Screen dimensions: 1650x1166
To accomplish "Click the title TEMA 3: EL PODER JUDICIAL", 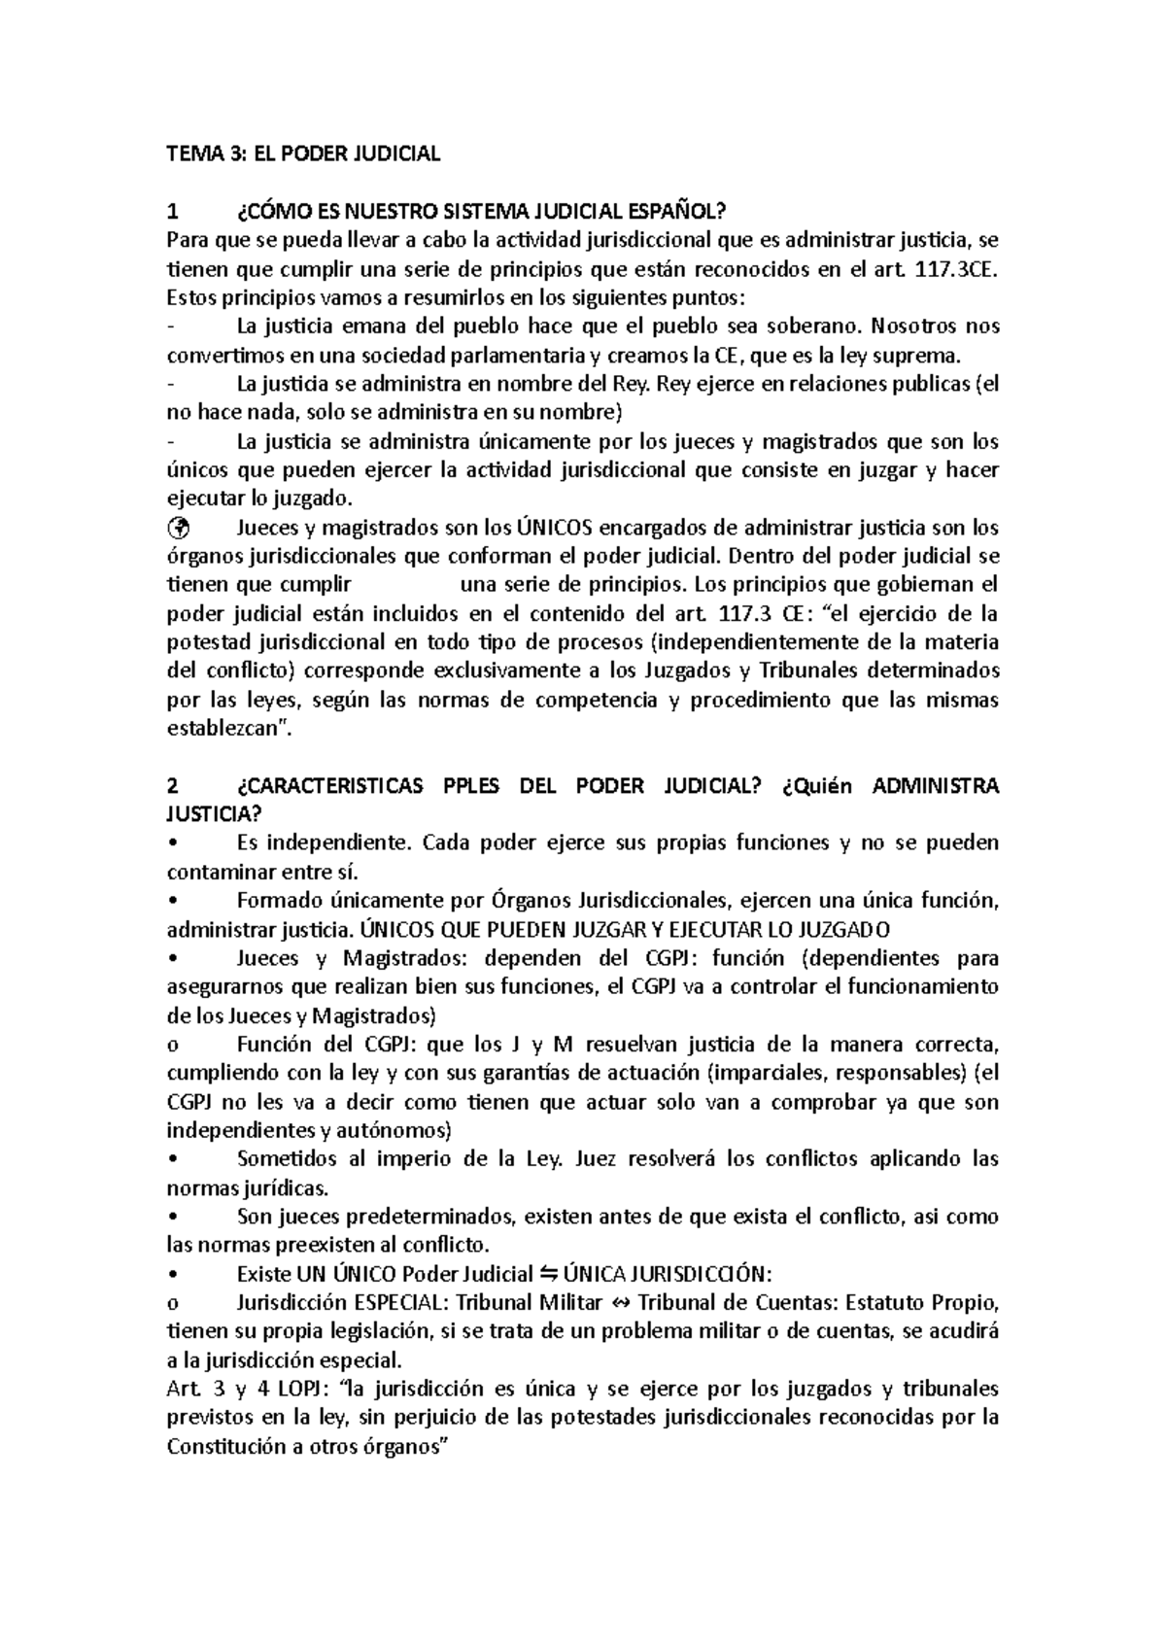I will (303, 153).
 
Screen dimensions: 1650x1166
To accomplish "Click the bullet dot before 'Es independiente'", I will (172, 843).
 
